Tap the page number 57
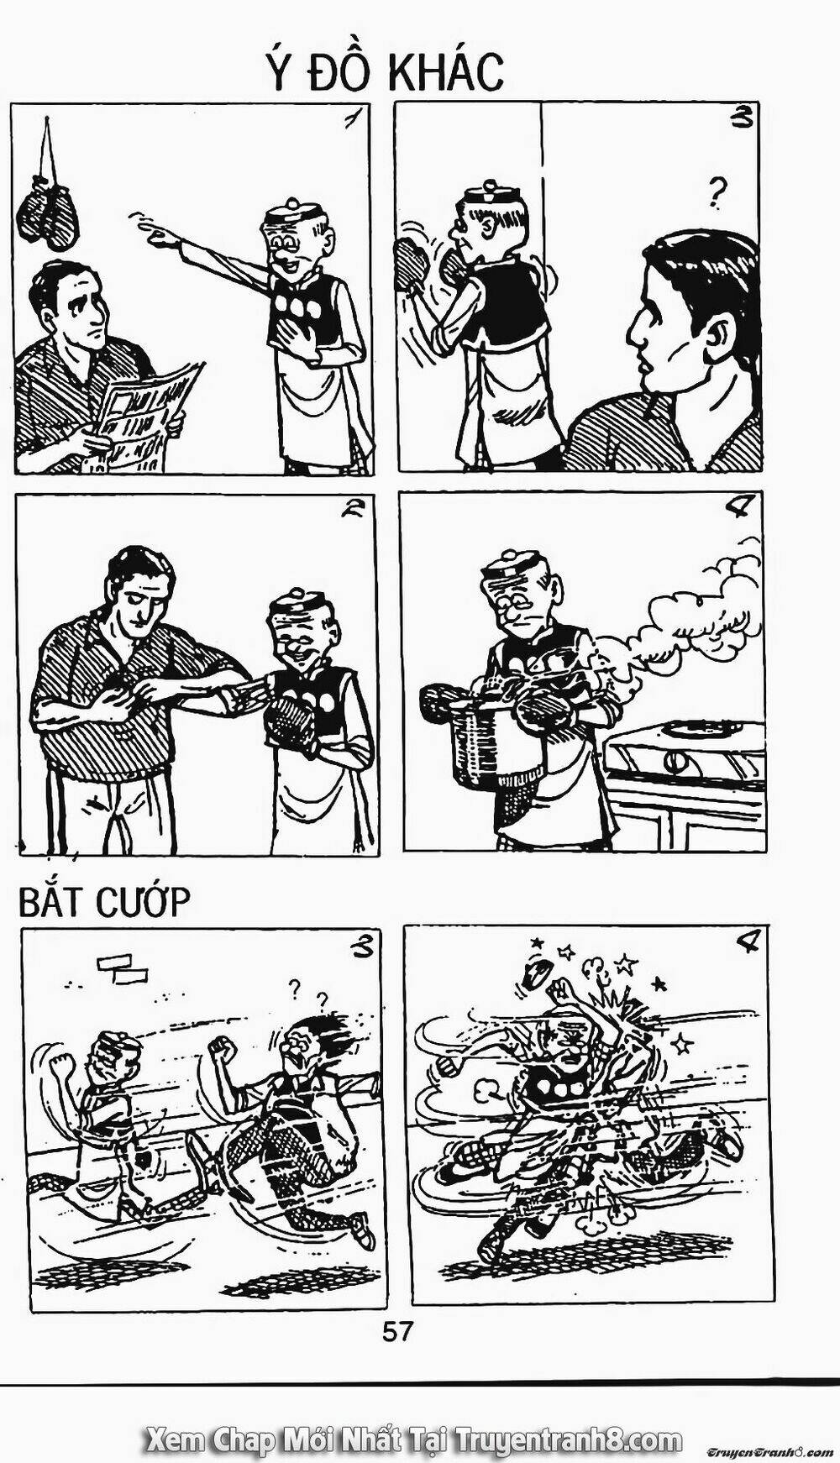point(397,1330)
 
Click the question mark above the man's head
point(717,192)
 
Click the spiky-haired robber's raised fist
point(222,1050)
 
